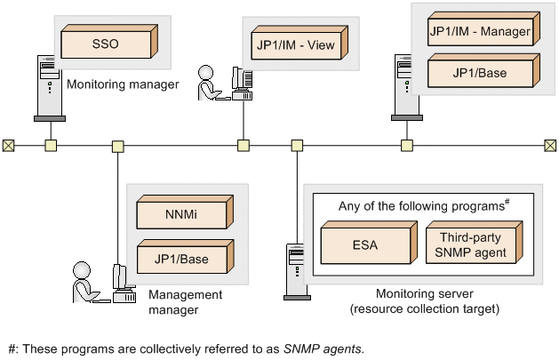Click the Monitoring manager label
click(123, 85)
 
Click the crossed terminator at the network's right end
click(550, 146)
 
